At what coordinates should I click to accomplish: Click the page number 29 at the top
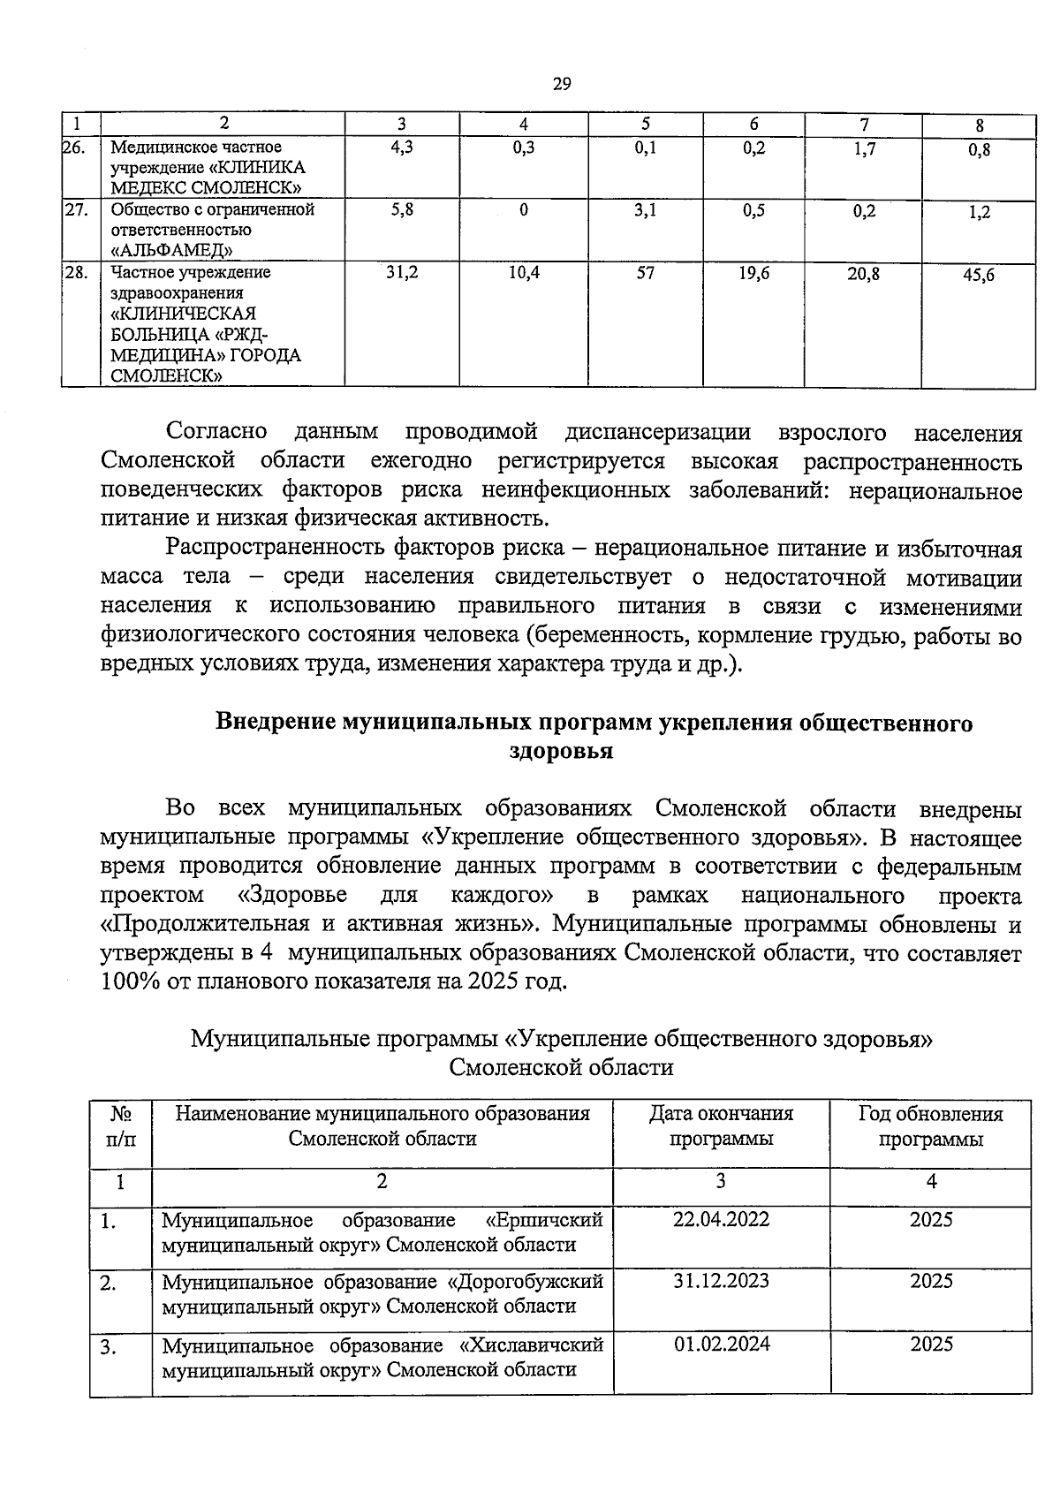[x=562, y=85]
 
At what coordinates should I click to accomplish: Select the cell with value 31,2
[x=401, y=274]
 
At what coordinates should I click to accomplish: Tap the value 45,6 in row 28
[x=979, y=276]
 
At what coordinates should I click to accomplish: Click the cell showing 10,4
[x=524, y=274]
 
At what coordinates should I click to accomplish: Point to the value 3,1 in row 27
[x=646, y=211]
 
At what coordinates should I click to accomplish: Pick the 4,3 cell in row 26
[x=401, y=148]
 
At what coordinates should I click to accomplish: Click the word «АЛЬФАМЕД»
[x=178, y=251]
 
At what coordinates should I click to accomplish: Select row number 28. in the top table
[x=75, y=272]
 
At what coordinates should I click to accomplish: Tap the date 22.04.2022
[x=721, y=1220]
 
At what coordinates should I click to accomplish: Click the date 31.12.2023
[x=721, y=1281]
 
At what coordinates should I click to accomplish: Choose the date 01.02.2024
[x=721, y=1344]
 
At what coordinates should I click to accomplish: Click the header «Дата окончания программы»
[x=721, y=1125]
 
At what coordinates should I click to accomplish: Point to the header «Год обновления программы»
[x=930, y=1125]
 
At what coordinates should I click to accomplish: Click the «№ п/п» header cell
[x=121, y=1126]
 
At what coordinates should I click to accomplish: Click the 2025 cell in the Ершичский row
[x=931, y=1220]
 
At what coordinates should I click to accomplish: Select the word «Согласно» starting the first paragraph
[x=216, y=433]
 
